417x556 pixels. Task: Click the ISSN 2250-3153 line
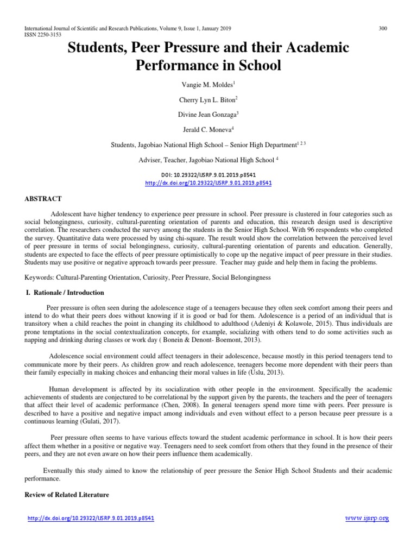[40, 34]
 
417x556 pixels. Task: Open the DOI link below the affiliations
[208, 183]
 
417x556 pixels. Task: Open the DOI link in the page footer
[91, 519]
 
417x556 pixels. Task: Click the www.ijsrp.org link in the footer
[367, 519]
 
